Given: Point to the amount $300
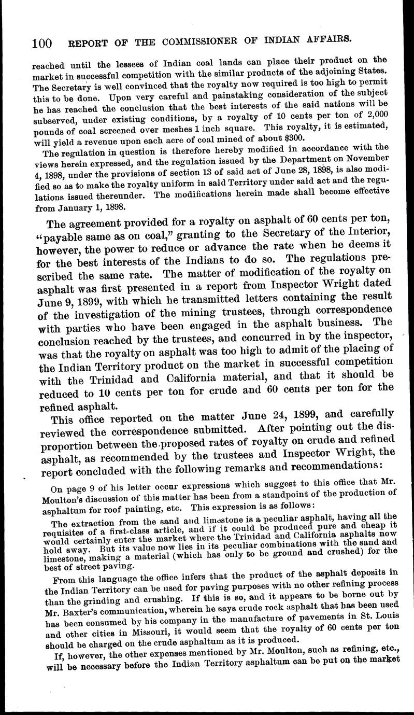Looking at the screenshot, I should [295, 137].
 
